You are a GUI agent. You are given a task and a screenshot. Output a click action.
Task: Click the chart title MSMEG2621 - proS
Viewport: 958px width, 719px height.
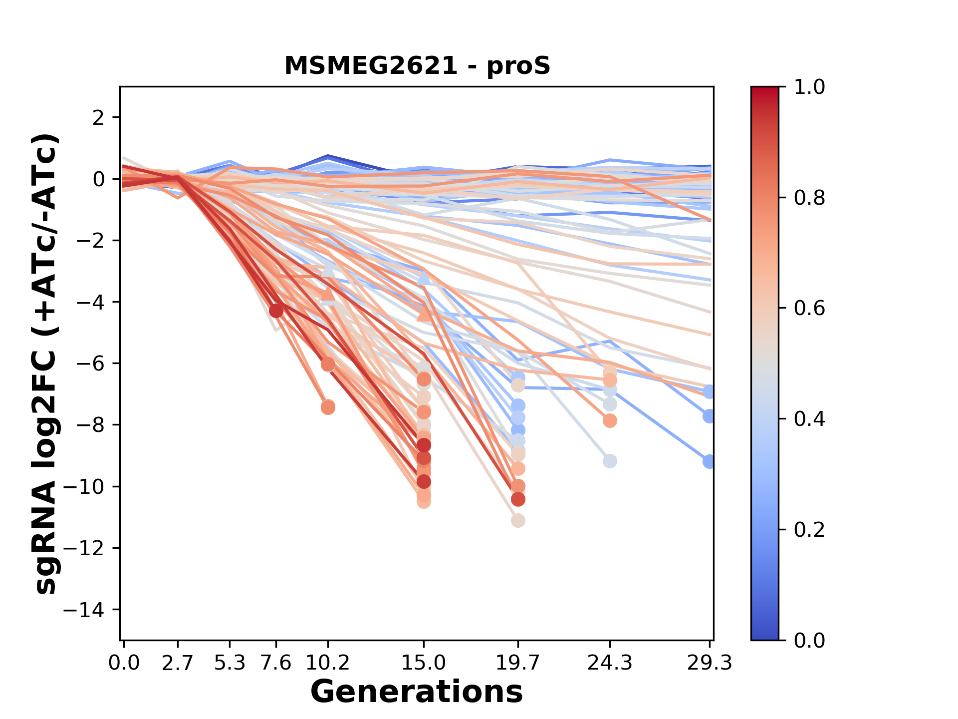tap(417, 66)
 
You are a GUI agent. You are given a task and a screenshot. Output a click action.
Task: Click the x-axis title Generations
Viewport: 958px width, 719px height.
tap(417, 692)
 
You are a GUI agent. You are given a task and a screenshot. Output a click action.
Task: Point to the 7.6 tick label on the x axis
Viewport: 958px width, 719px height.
tap(276, 663)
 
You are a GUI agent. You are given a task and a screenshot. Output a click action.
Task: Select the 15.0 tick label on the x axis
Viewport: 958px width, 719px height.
tap(424, 663)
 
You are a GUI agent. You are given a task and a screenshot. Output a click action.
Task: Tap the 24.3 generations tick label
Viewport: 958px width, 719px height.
tap(609, 663)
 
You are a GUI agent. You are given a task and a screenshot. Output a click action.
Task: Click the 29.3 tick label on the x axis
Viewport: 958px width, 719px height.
tap(709, 663)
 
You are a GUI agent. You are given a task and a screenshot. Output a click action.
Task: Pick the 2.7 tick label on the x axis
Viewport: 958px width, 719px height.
tap(178, 663)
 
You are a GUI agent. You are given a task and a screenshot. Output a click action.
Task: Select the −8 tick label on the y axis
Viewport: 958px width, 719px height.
tap(90, 425)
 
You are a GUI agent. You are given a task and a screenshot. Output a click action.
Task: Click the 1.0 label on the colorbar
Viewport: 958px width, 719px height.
tap(809, 87)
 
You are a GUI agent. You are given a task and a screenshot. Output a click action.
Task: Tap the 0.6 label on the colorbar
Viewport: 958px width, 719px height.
tap(809, 309)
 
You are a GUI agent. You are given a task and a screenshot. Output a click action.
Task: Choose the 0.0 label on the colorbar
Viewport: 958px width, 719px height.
tap(809, 640)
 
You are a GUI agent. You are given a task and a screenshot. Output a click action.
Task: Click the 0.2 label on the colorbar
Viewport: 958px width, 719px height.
tap(809, 530)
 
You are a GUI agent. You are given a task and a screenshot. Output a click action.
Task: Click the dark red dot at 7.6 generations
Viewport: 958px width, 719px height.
tap(276, 311)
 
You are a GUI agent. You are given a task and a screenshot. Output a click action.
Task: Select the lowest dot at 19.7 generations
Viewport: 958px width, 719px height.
tap(518, 521)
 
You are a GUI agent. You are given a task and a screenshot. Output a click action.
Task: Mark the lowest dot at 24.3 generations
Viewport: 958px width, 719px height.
tap(609, 461)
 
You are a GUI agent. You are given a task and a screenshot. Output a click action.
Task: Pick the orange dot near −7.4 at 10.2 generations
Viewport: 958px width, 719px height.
tap(328, 407)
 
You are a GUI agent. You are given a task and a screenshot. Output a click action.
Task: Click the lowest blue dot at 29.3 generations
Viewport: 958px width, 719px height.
tap(709, 462)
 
